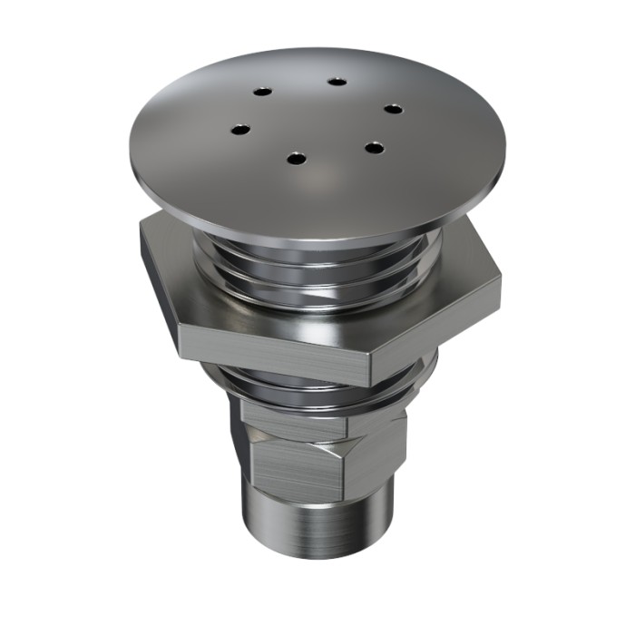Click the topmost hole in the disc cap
click(337, 82)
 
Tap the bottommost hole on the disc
click(295, 159)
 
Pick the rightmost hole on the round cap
click(392, 109)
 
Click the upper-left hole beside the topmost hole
click(261, 93)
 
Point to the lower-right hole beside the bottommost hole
click(372, 146)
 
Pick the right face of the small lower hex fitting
click(372, 458)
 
